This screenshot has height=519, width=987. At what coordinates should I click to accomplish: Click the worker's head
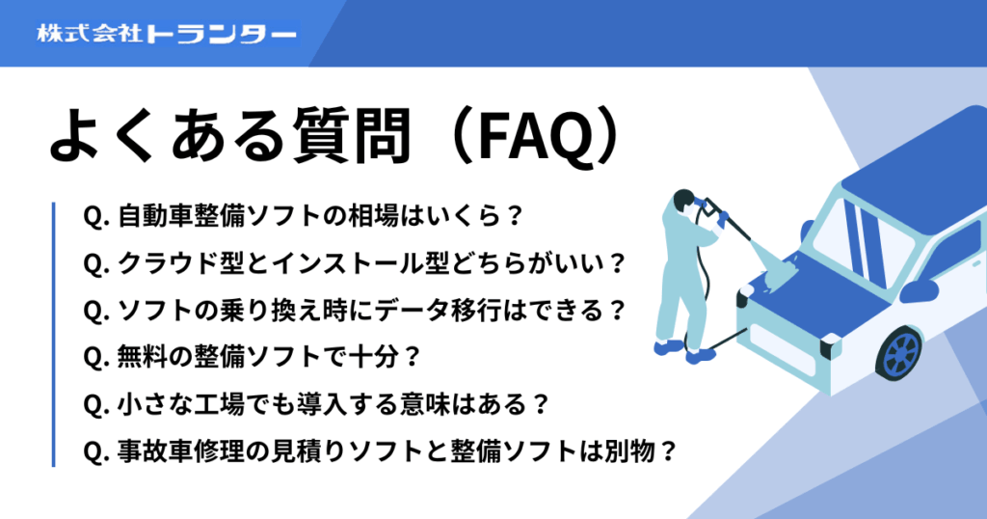click(683, 200)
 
